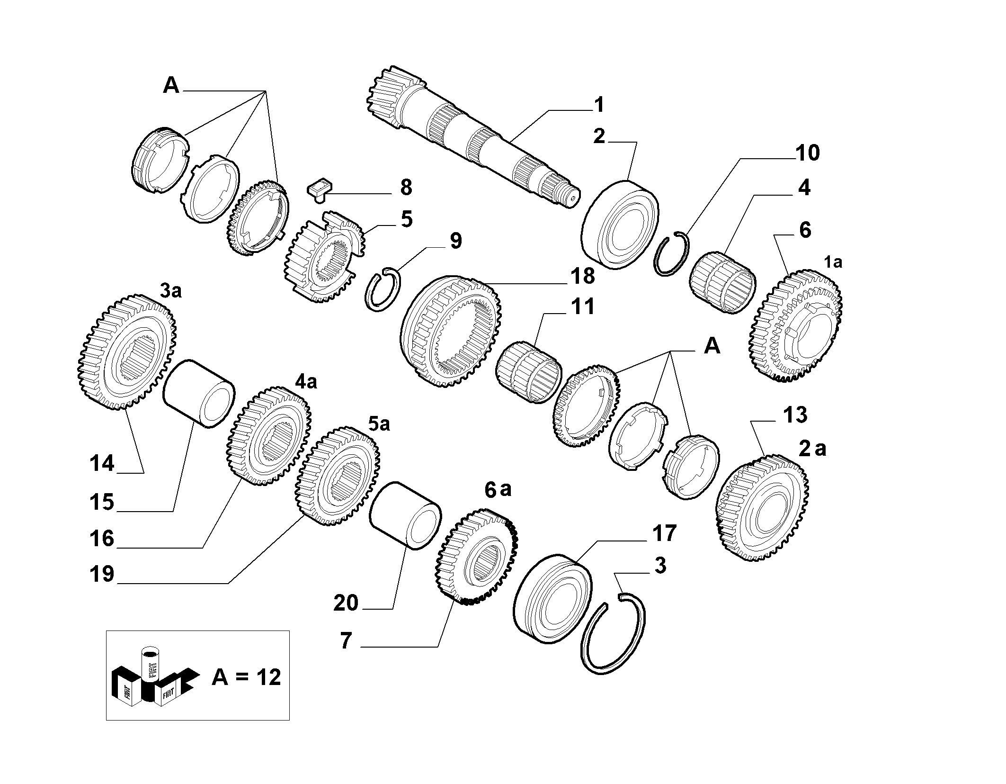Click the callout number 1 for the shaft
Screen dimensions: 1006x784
tap(599, 105)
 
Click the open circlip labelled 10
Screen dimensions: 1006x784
tap(672, 253)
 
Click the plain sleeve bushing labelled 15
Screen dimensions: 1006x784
tap(199, 394)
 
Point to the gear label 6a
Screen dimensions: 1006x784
tap(498, 489)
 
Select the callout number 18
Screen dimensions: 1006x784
tap(582, 276)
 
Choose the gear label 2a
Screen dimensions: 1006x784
tap(812, 448)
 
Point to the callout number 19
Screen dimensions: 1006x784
tap(102, 574)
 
